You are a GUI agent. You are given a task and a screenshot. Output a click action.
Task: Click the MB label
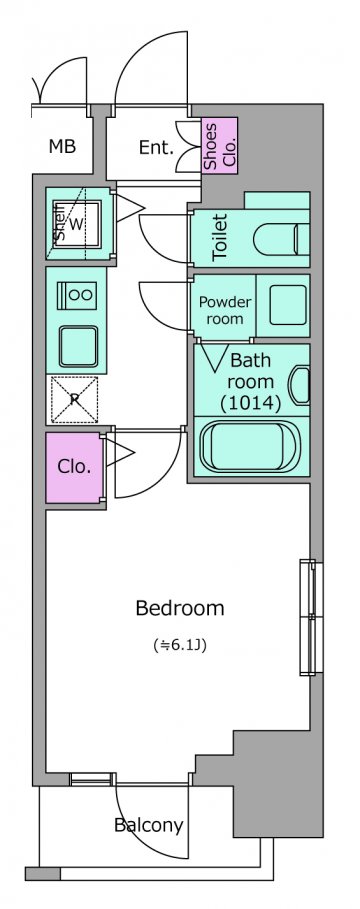tap(62, 147)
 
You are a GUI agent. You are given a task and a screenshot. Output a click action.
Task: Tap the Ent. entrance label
tap(156, 148)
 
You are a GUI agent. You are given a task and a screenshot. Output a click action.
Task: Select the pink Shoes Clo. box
tap(220, 145)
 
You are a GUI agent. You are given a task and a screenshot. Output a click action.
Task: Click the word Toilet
tap(220, 237)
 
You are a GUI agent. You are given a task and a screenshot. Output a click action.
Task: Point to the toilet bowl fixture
tap(281, 238)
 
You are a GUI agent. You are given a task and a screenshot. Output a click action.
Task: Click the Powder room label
tap(225, 310)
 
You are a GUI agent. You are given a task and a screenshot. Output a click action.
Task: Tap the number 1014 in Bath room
tap(251, 402)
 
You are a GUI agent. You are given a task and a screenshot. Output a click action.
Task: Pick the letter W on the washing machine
tap(76, 223)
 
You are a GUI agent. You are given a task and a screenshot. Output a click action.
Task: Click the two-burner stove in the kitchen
tap(76, 294)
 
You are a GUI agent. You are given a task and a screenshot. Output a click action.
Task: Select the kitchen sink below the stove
tap(78, 346)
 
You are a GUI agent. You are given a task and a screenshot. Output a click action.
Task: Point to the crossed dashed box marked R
tap(75, 399)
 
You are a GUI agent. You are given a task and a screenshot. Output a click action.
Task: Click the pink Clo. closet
tap(73, 467)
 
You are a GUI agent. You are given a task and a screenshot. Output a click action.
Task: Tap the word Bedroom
tap(180, 608)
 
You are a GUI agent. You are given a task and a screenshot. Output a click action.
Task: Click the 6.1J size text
tap(180, 644)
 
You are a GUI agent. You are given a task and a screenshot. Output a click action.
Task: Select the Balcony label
tap(149, 824)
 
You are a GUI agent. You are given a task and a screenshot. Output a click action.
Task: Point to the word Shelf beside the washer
tap(59, 222)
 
